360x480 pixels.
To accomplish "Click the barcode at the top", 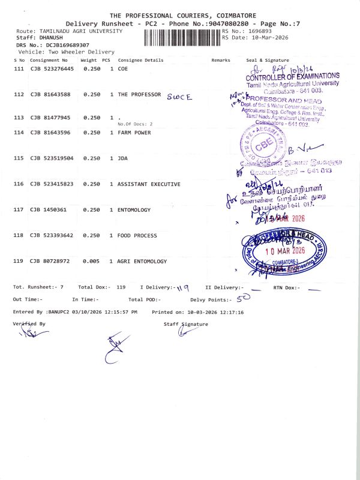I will point(182,37).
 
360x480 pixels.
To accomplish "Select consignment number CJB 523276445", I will point(52,70).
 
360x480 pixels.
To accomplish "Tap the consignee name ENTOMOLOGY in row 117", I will point(134,210).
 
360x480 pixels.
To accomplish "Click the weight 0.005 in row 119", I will point(92,262).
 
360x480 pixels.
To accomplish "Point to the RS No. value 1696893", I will point(260,30).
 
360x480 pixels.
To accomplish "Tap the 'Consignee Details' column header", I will point(140,61).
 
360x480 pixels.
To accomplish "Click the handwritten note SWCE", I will point(179,96).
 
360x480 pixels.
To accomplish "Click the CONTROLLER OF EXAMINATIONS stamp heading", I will point(293,76).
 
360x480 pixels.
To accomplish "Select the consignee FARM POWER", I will point(134,132).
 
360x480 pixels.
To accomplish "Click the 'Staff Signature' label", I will point(185,325).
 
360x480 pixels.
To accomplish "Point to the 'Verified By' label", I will point(29,324).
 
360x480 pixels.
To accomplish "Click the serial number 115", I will point(19,158).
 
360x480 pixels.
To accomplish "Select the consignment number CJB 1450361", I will point(50,210).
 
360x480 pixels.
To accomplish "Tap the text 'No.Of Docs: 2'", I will point(135,124).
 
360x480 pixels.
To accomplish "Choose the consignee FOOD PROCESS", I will point(138,236).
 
